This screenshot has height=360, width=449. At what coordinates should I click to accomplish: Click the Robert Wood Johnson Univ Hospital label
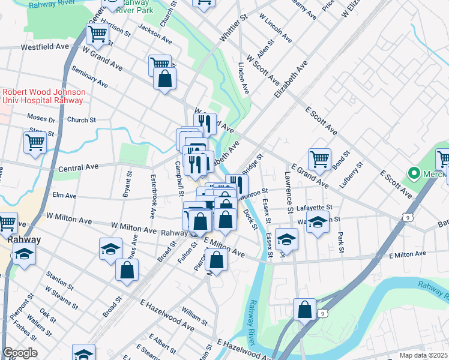point(43,96)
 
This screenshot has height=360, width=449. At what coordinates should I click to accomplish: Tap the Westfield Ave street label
point(45,46)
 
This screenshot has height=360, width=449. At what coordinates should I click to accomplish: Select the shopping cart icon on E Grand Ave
point(319,159)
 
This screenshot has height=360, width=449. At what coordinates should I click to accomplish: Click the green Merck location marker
point(413,173)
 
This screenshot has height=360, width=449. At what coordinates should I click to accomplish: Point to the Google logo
point(20,353)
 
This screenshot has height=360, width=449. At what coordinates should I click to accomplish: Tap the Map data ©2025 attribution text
point(423,355)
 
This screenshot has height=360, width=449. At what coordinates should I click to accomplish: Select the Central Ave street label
point(77,167)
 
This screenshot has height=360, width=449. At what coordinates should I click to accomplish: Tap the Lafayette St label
point(310,208)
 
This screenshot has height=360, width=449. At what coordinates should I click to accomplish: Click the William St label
point(194,313)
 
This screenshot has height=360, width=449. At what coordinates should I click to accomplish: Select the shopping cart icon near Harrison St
point(97,35)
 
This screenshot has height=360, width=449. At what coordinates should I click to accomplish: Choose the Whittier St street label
point(234,28)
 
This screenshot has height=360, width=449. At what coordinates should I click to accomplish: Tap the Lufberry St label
point(352,175)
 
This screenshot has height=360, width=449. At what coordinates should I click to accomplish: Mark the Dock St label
point(250,220)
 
